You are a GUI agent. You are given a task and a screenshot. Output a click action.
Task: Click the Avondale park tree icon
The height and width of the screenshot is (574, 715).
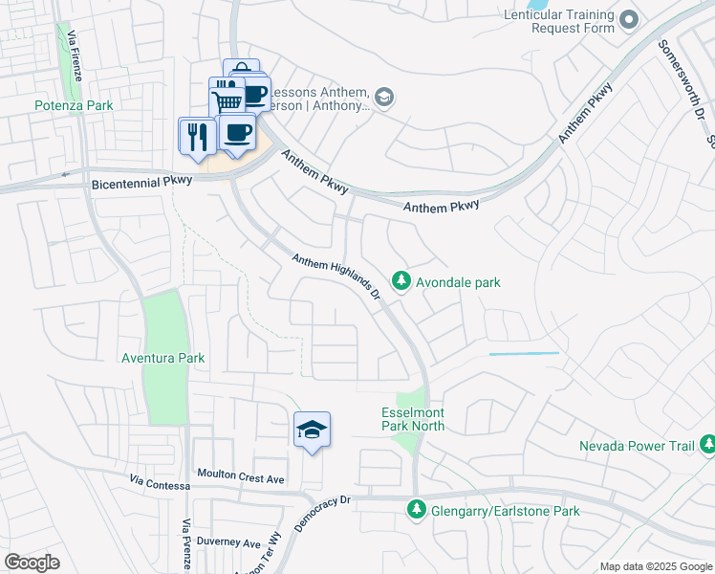point(402,281)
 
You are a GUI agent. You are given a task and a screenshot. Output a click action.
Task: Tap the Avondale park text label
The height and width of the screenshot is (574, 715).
point(458,282)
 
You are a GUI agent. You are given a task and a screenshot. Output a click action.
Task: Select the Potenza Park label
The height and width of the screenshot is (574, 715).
point(74,105)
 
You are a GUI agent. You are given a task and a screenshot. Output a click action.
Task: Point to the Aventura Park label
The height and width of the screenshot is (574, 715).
point(163,358)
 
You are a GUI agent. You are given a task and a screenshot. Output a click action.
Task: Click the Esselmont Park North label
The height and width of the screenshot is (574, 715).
point(413,418)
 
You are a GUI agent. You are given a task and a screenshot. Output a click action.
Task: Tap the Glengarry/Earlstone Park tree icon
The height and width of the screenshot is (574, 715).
point(415,511)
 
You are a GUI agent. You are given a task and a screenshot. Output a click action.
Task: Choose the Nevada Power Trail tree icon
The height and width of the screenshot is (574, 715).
point(707,445)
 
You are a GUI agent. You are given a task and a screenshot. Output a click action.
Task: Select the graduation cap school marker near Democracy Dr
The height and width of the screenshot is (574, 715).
point(312,431)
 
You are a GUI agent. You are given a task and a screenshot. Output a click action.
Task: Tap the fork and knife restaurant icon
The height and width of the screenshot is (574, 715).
point(197,135)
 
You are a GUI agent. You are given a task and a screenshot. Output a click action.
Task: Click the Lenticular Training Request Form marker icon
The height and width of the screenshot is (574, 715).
point(628,19)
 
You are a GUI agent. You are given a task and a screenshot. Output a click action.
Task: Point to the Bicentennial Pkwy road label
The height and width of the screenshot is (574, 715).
point(141,182)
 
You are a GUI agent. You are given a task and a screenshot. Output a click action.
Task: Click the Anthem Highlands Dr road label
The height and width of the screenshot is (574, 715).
point(336,276)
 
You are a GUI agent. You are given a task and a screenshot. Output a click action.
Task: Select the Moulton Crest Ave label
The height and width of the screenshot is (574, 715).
point(241,475)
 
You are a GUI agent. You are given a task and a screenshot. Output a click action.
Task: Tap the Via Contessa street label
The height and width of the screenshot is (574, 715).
point(156,484)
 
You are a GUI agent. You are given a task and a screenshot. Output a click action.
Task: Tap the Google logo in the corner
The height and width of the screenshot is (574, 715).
point(32,563)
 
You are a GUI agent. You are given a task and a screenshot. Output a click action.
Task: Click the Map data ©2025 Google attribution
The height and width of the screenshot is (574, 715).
point(656,566)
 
